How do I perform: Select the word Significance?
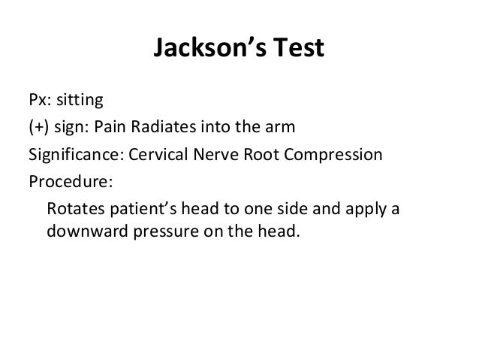point(77,155)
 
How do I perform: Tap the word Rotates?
point(74,208)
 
